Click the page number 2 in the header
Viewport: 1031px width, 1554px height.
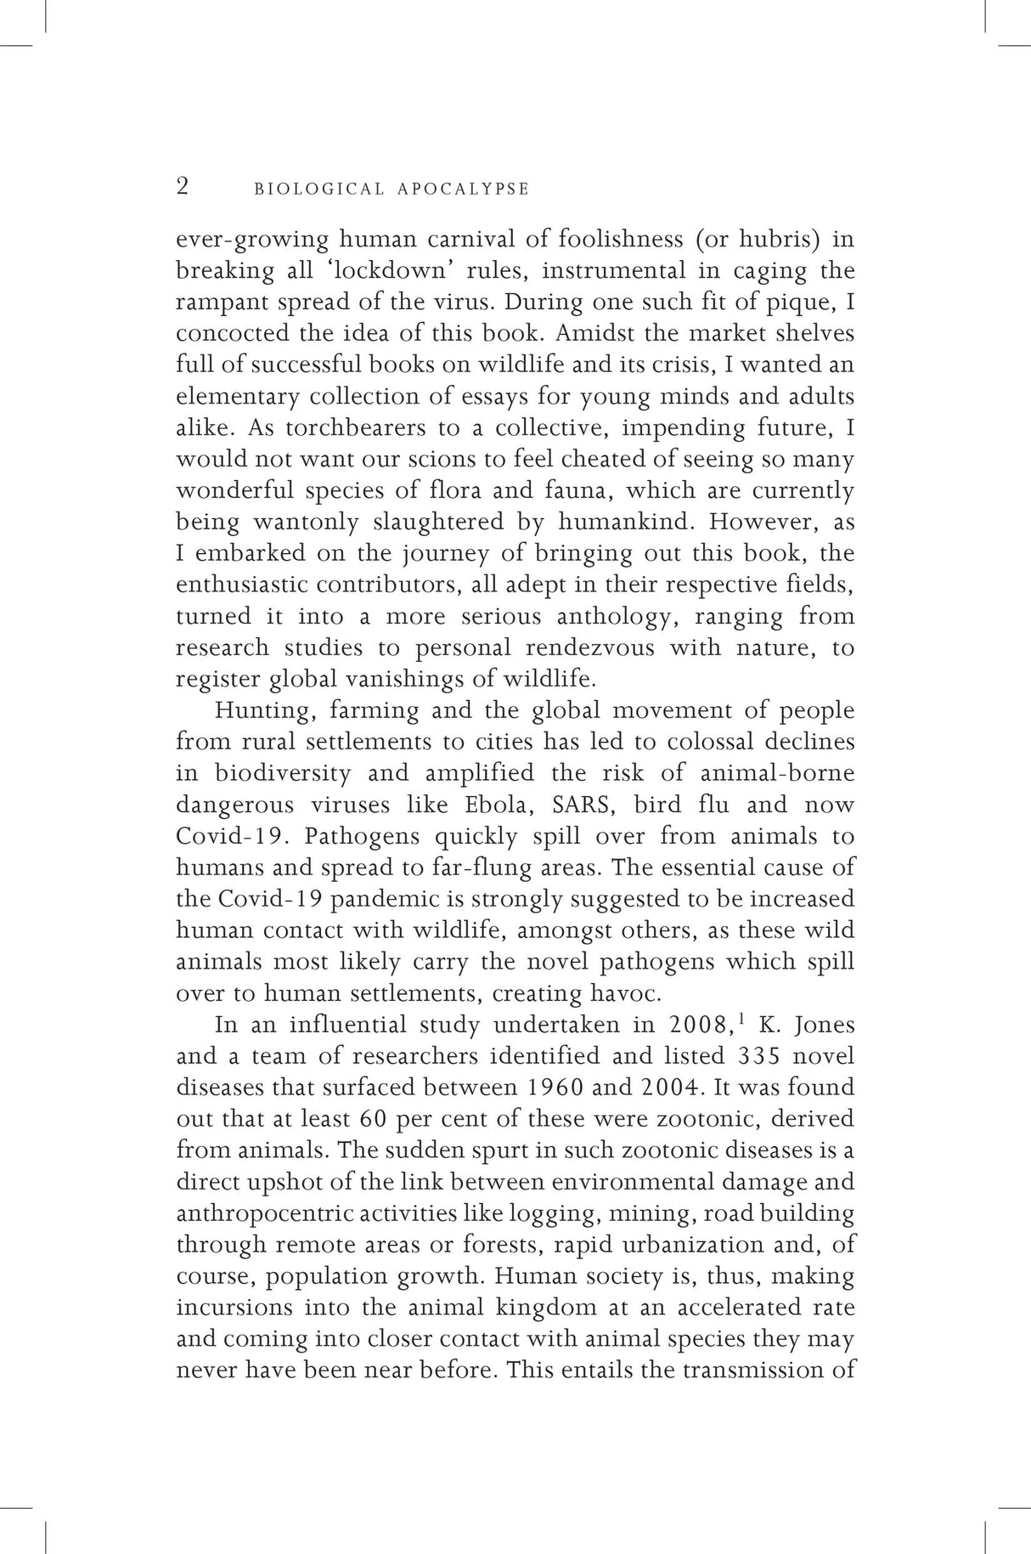click(183, 186)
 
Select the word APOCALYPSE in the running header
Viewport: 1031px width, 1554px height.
click(463, 189)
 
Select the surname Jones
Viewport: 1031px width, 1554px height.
click(825, 1025)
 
